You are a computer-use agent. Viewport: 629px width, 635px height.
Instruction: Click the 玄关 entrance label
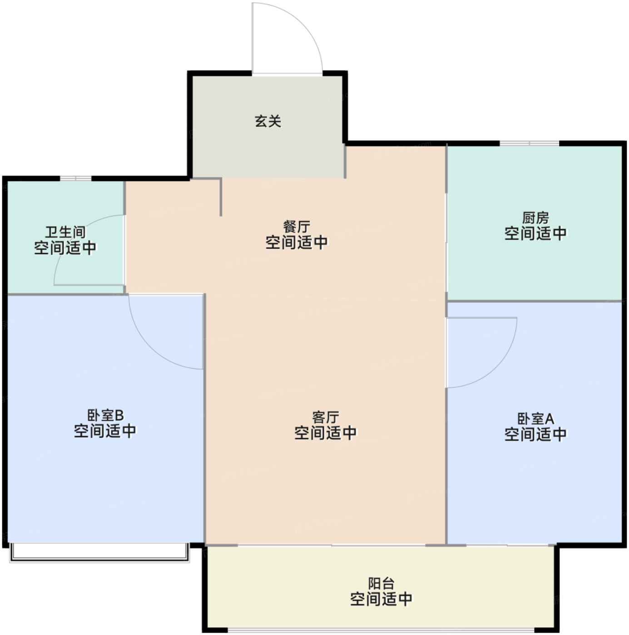268,121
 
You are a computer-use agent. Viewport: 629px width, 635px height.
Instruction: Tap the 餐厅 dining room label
297,226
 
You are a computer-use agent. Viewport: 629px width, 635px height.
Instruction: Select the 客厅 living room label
325,417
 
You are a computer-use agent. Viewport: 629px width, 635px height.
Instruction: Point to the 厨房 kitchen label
535,218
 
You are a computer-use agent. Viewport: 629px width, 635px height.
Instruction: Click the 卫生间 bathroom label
65,232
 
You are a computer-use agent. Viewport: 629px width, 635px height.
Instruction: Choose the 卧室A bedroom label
535,418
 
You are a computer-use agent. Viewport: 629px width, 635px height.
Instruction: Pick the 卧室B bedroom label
105,415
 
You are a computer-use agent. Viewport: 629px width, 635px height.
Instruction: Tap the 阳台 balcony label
381,583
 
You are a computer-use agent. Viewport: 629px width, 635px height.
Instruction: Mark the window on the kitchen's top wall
529,144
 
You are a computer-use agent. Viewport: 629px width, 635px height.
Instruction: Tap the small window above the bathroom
76,178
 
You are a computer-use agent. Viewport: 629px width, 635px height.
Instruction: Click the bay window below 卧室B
99,552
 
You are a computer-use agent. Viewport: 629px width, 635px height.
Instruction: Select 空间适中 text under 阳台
381,599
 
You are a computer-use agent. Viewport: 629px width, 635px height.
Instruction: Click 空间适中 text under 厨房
535,234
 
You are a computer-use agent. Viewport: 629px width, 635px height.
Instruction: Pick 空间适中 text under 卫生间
65,248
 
